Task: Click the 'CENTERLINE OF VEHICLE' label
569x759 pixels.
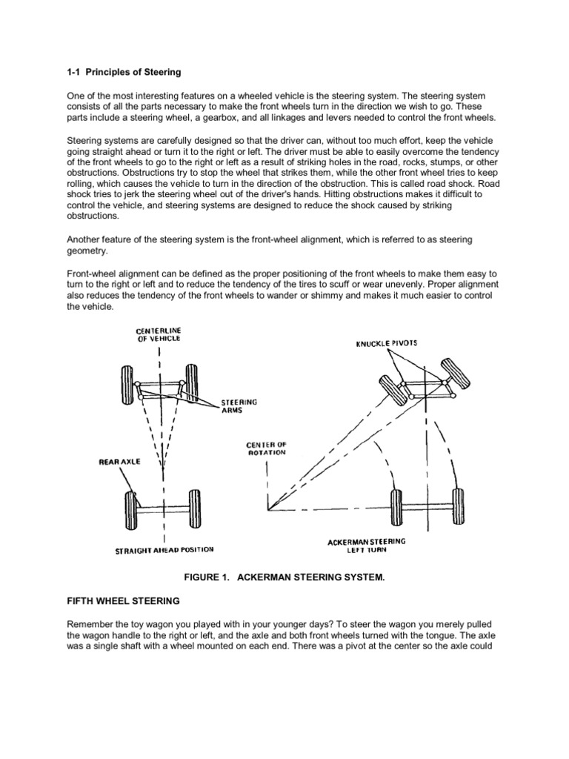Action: pos(159,334)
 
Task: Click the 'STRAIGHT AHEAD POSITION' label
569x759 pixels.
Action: pos(164,551)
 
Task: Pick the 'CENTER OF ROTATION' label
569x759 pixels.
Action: pos(265,448)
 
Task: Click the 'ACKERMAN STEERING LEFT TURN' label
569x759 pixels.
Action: pos(366,546)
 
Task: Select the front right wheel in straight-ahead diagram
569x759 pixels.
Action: pos(192,382)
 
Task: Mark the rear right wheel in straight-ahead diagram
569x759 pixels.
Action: pos(193,508)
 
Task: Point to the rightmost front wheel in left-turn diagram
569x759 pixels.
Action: pos(450,374)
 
